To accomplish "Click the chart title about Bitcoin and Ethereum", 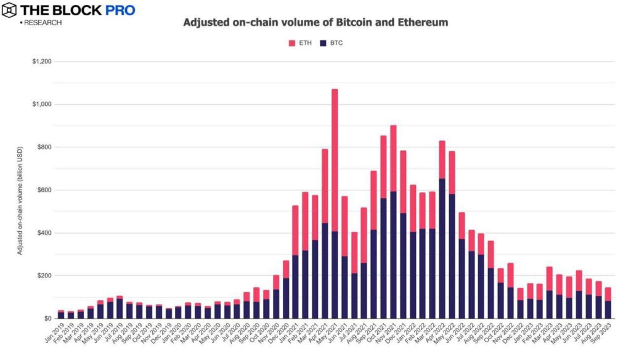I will [315, 23].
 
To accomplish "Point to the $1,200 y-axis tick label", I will [42, 62].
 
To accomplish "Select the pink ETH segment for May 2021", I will [335, 160].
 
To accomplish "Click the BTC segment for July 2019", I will [120, 309].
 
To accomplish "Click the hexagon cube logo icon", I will [9, 10].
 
